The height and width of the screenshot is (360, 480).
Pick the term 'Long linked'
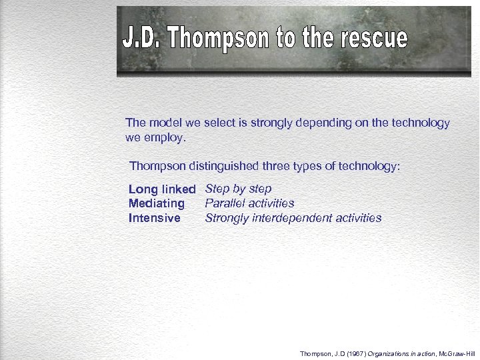point(162,190)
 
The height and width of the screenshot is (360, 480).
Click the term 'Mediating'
point(157,204)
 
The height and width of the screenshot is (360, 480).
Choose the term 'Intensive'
point(154,219)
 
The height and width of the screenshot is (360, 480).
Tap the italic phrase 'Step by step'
point(238,189)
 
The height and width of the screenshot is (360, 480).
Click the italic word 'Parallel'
point(225,203)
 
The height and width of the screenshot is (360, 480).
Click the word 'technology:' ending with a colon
point(372,166)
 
